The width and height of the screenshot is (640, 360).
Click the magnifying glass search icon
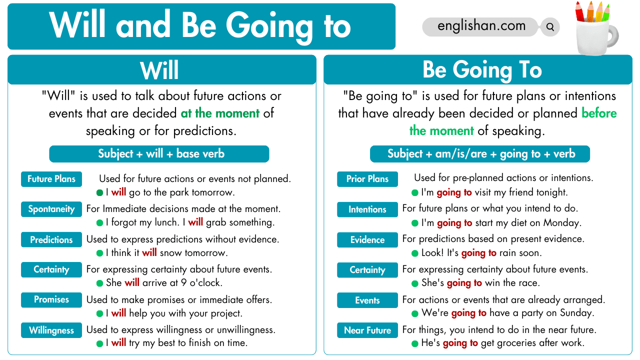(550, 27)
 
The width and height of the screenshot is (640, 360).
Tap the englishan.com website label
(481, 26)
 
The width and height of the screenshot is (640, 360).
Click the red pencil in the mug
(579, 12)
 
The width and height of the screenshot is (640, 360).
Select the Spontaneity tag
(51, 209)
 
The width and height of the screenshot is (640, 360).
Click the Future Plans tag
(51, 179)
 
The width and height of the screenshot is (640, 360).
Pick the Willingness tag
(51, 330)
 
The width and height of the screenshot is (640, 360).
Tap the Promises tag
(51, 299)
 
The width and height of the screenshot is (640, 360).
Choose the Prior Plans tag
(367, 179)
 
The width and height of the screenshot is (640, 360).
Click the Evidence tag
(367, 239)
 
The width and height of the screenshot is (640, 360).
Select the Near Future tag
(367, 330)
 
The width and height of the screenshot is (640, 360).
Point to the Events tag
(367, 300)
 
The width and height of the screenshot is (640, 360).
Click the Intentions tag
(367, 209)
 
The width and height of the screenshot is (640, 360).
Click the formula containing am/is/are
(480, 154)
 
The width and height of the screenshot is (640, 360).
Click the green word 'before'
(599, 113)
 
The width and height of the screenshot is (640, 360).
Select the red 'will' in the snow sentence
(149, 252)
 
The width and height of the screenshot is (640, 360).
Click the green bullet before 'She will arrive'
(99, 283)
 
